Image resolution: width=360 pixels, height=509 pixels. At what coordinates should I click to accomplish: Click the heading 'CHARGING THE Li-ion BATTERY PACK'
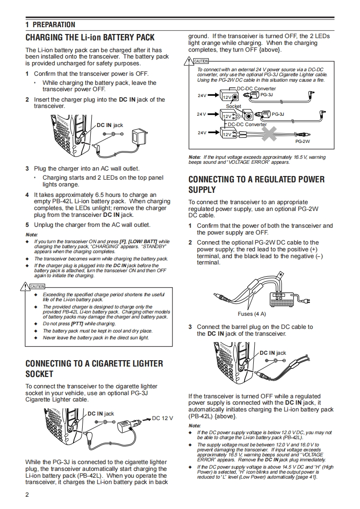click(x=90, y=37)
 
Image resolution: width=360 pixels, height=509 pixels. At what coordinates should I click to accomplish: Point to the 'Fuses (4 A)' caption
click(x=252, y=314)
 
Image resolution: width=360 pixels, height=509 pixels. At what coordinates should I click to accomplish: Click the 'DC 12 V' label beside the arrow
click(x=163, y=418)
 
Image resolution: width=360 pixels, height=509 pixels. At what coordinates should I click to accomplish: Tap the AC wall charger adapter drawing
click(x=137, y=136)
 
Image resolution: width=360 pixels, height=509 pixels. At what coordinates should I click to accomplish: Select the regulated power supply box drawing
click(x=282, y=298)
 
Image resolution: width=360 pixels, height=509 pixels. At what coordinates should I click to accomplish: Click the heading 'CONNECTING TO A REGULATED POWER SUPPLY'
click(x=256, y=184)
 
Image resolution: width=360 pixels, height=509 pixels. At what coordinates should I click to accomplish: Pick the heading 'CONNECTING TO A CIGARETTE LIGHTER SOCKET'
click(x=94, y=368)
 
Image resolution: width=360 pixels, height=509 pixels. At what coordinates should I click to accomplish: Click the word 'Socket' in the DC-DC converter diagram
click(x=234, y=106)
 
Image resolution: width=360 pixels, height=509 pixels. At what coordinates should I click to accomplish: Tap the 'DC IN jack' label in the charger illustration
click(x=110, y=125)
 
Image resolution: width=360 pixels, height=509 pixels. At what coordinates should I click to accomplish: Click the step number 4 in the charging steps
click(x=27, y=195)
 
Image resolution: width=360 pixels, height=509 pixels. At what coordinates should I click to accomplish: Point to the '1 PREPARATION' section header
click(x=50, y=24)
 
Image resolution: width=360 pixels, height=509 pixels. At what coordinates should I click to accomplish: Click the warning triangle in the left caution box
click(x=24, y=286)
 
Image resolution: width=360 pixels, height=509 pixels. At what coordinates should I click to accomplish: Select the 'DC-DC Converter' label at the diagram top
click(x=256, y=88)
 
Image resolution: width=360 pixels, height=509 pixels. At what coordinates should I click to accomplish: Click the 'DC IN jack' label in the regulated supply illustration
click(x=273, y=352)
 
